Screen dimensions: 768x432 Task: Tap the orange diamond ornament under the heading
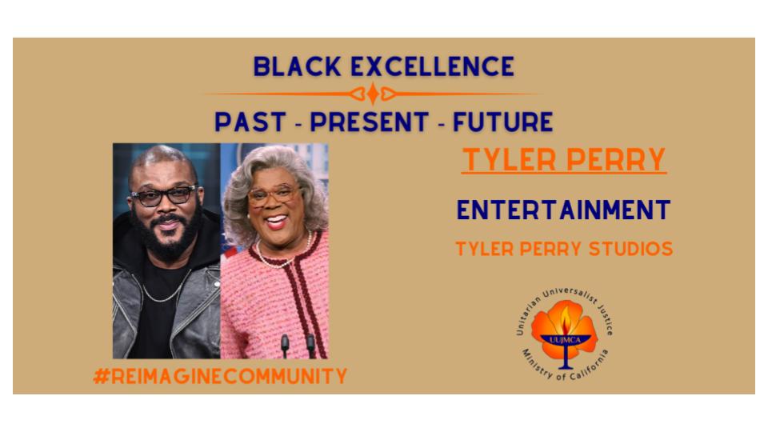(x=373, y=94)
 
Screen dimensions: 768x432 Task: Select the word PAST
(x=250, y=122)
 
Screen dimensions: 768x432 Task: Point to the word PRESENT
(x=370, y=122)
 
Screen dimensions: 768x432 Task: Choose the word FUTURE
(x=502, y=122)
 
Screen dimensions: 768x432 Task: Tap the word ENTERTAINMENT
(x=564, y=210)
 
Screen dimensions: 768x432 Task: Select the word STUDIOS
(x=630, y=249)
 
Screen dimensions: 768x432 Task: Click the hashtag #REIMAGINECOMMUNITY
(x=220, y=376)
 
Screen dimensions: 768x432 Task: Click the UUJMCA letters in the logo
(x=565, y=339)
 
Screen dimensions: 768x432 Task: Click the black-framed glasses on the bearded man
(x=164, y=196)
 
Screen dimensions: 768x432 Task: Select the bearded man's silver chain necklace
(x=165, y=289)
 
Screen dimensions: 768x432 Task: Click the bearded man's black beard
(x=167, y=235)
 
